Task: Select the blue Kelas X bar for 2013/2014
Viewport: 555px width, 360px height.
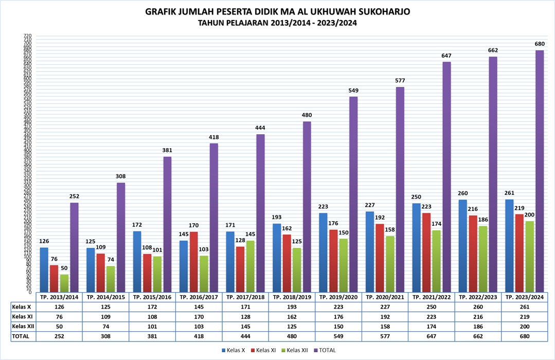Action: (x=44, y=270)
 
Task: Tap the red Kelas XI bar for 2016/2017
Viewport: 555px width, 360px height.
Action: (x=193, y=262)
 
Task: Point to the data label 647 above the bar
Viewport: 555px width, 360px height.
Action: (x=446, y=55)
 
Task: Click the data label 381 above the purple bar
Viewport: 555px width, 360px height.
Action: (x=167, y=150)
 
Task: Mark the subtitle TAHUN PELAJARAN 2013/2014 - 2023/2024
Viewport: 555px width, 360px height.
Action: (x=277, y=23)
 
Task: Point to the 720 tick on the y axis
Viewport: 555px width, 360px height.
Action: (x=27, y=36)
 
